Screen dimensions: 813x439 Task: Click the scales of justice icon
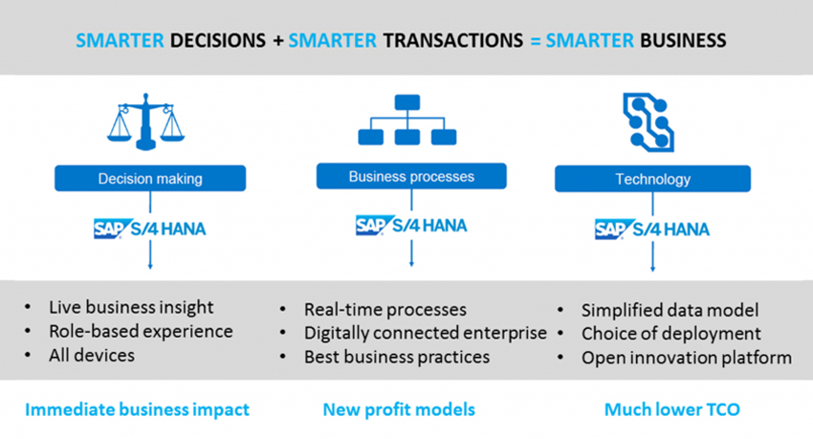click(145, 121)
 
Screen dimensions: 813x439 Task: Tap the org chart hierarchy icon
click(407, 120)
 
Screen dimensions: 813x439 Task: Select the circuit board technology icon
click(648, 122)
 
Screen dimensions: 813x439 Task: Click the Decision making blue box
click(150, 178)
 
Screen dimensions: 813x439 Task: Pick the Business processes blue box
click(411, 176)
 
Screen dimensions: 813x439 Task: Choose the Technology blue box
click(652, 179)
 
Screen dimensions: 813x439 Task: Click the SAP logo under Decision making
click(109, 229)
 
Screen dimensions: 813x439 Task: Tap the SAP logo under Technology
click(611, 230)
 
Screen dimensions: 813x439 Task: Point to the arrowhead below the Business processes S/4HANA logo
click(411, 264)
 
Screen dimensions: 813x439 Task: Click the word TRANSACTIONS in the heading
click(453, 40)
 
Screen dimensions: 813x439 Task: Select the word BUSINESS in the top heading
click(683, 40)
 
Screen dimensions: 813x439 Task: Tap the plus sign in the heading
click(278, 40)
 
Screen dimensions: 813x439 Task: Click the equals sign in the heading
click(536, 40)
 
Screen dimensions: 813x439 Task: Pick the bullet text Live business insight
click(131, 307)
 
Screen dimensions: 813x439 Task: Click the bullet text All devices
click(92, 355)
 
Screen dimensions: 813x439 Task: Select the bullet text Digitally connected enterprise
click(426, 333)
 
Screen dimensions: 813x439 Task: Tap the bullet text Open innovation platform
click(687, 358)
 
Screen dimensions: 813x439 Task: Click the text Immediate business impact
click(138, 409)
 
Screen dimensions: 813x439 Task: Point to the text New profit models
click(399, 409)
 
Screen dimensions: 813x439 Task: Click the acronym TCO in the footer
click(721, 409)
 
